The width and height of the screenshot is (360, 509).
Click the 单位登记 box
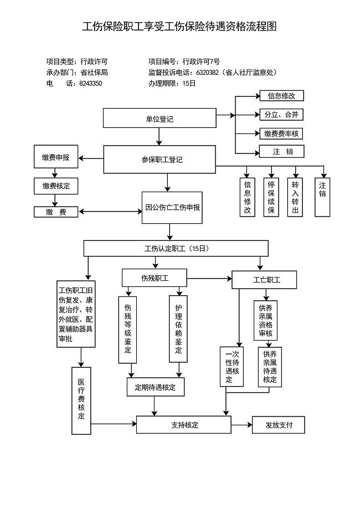pyautogui.click(x=160, y=119)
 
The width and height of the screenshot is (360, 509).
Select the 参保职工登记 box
pyautogui.click(x=160, y=160)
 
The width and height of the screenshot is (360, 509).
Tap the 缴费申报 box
pyautogui.click(x=55, y=157)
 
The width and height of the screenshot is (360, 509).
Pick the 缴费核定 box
pyautogui.click(x=55, y=186)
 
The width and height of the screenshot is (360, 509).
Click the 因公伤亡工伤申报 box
pyautogui.click(x=172, y=208)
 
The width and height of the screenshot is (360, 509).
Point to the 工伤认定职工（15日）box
pyautogui.click(x=176, y=248)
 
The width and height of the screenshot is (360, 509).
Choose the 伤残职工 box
pyautogui.click(x=155, y=277)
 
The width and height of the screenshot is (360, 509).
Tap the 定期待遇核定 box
pyautogui.click(x=155, y=387)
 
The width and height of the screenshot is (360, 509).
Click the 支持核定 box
pyautogui.click(x=183, y=425)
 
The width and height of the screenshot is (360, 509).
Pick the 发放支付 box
pyautogui.click(x=278, y=425)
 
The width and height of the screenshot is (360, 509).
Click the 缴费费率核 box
pyautogui.click(x=281, y=133)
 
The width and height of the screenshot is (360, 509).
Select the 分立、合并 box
pyautogui.click(x=281, y=115)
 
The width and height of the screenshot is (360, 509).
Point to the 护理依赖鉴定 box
pyautogui.click(x=178, y=329)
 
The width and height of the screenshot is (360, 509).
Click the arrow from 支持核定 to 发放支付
pyautogui.click(x=241, y=425)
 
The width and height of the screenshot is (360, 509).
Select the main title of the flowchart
pyautogui.click(x=179, y=27)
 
